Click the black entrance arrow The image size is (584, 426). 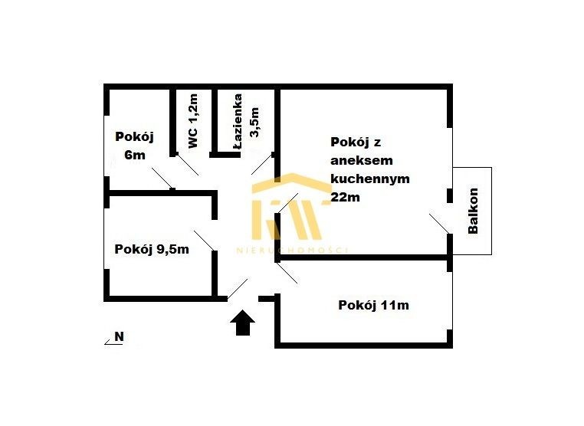(242, 323)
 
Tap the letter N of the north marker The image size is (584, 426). (120, 336)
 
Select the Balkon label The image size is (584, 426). (473, 211)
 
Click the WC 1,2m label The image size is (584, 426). (193, 120)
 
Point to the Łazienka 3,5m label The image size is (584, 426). (246, 122)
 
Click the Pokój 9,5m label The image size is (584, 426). (152, 249)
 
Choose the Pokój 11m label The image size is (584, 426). (373, 305)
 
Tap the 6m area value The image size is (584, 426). (134, 155)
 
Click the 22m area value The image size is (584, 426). (345, 197)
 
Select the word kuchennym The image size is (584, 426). (370, 179)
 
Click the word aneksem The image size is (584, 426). (362, 160)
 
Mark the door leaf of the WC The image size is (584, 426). (187, 164)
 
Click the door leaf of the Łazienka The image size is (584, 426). (263, 164)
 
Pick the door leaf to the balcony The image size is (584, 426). (439, 224)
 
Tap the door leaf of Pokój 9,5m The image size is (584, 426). (204, 241)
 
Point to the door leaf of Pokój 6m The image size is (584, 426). (162, 178)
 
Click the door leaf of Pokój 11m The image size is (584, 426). (287, 273)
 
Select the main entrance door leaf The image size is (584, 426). (238, 289)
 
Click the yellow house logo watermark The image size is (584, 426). (292, 206)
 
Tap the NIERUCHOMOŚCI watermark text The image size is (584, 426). (292, 250)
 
